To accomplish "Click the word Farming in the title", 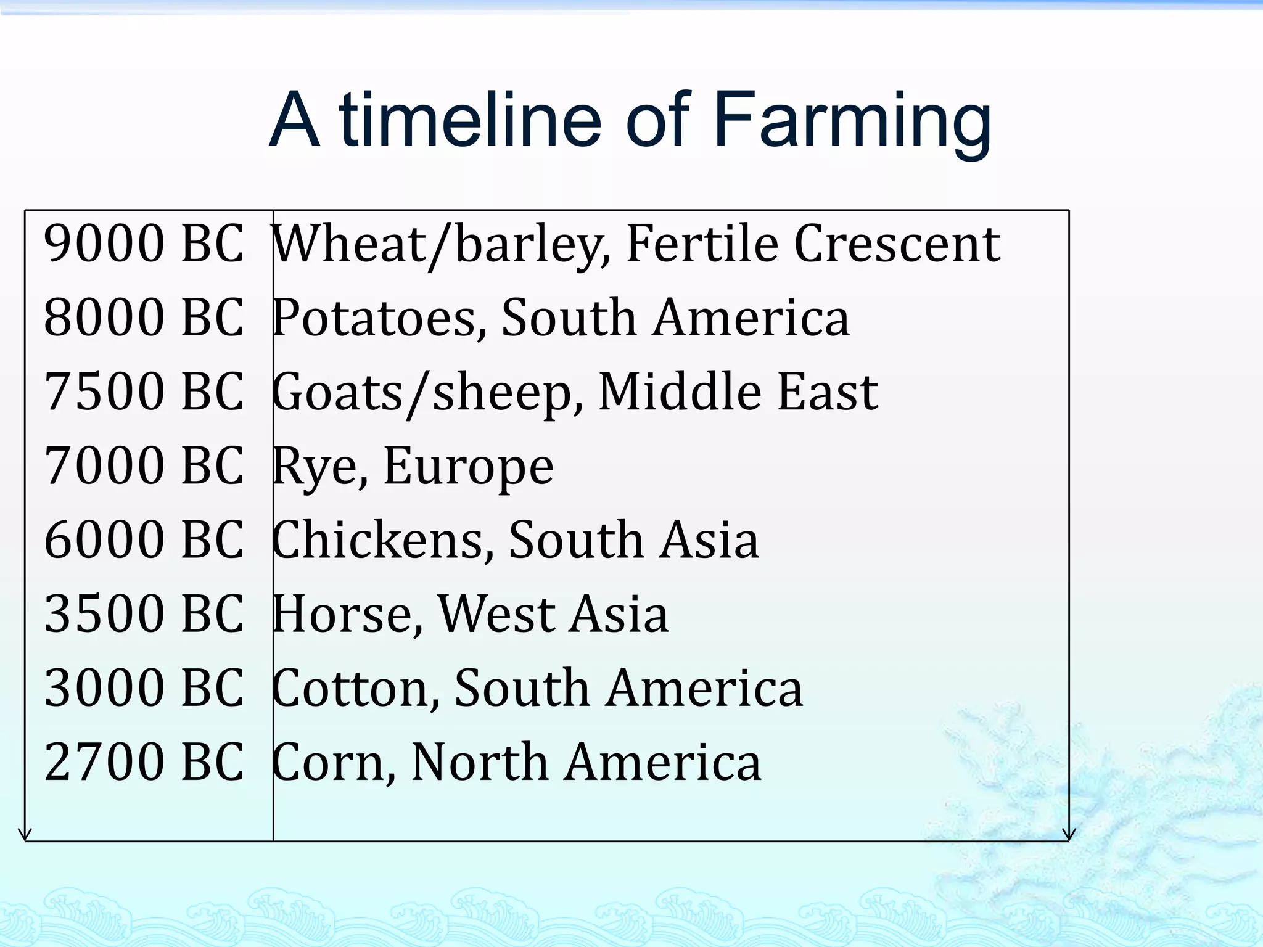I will (852, 120).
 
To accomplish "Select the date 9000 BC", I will (144, 244).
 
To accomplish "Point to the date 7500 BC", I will (144, 392).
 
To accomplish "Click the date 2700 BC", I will (144, 762).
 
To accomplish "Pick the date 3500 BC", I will (144, 614).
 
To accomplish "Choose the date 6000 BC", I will (144, 540).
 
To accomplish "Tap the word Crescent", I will (897, 244).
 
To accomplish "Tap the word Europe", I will (469, 467).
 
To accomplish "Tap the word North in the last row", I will (479, 762).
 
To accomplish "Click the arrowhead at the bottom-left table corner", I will (25, 835).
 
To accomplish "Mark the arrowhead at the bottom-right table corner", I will (1069, 835).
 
